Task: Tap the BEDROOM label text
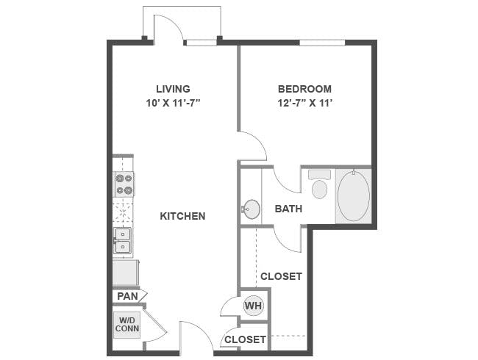(305, 89)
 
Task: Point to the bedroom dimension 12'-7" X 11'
(305, 103)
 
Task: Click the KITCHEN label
(182, 216)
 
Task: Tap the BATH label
(288, 209)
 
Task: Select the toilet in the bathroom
(319, 187)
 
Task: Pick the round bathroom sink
(252, 209)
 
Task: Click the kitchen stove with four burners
(124, 184)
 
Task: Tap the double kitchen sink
(123, 240)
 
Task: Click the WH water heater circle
(253, 306)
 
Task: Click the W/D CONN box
(126, 324)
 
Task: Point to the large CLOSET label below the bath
(281, 276)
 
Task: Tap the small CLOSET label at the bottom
(245, 339)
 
